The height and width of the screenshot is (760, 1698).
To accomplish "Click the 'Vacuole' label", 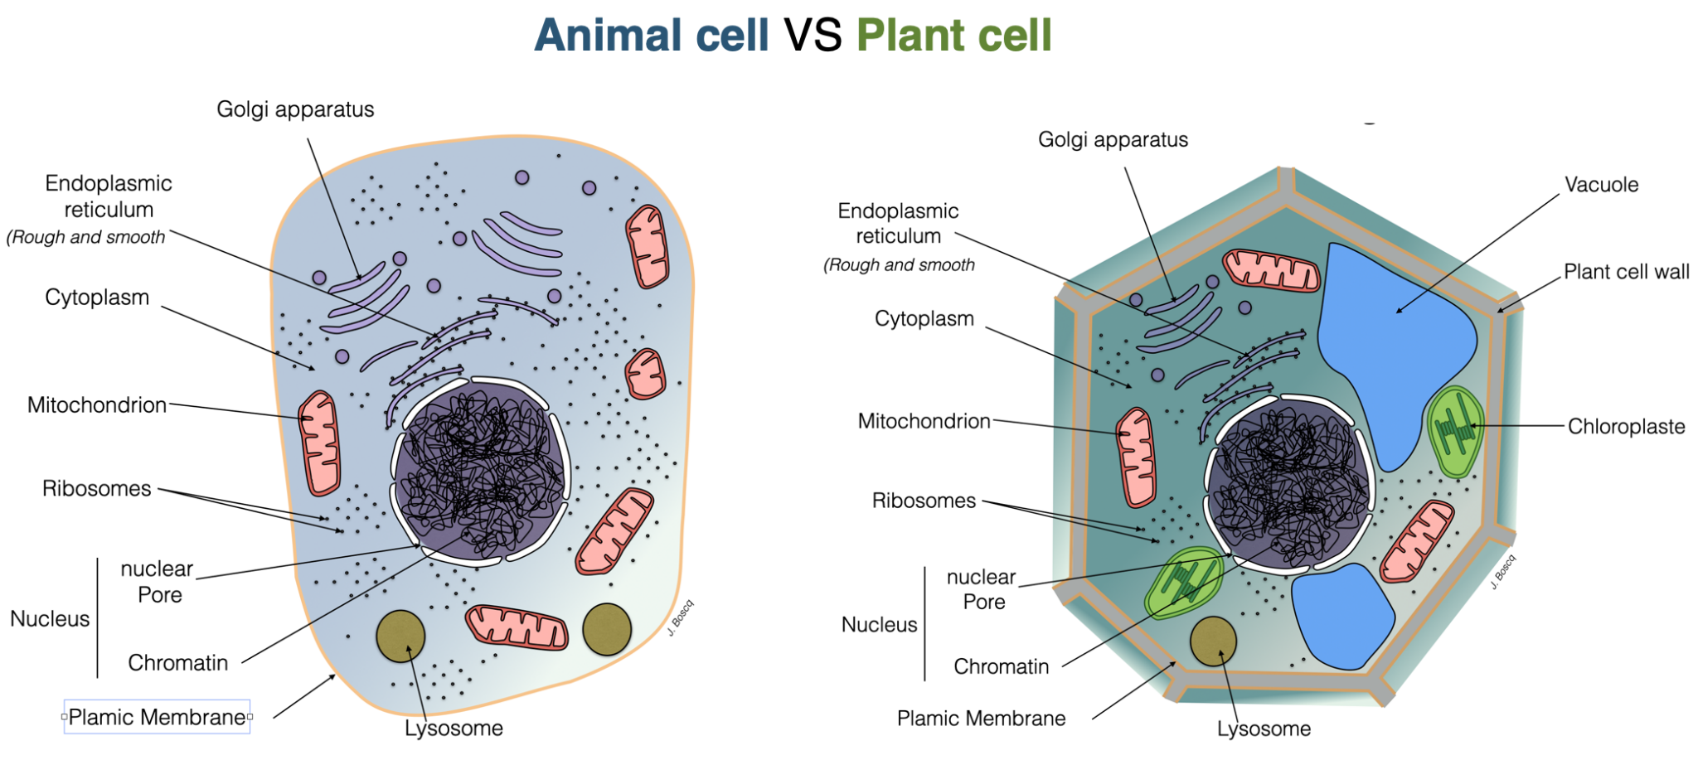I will coord(1601,185).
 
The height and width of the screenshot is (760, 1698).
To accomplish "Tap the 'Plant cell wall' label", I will coord(1626,272).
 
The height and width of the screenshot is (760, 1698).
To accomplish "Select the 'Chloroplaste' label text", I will coord(1626,427).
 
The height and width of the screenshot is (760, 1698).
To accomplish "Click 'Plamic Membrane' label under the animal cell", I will coord(157,717).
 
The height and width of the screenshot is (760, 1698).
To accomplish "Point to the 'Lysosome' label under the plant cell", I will coord(1264,729).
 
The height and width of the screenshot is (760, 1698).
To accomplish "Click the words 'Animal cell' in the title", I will coord(652,35).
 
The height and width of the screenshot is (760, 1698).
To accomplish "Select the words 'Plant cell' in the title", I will coord(953,35).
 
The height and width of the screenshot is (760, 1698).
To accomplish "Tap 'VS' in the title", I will coord(813,35).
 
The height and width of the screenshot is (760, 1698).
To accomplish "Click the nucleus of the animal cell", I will coord(479,471).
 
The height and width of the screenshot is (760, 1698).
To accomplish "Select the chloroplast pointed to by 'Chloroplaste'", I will coord(1455,429).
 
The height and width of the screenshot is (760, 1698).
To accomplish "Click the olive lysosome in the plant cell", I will coord(1213,641).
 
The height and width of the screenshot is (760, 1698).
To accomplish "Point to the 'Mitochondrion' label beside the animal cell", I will coord(97,405).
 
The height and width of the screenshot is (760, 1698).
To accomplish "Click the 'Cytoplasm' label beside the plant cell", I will coord(924,319).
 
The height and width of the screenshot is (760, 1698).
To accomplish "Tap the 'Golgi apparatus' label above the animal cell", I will coord(295,109).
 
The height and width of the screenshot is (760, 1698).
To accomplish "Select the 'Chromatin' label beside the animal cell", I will coord(177,663).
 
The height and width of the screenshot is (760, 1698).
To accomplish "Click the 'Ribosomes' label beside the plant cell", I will coord(924,501).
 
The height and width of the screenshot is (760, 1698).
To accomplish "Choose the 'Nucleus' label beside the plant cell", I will coord(879,625).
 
